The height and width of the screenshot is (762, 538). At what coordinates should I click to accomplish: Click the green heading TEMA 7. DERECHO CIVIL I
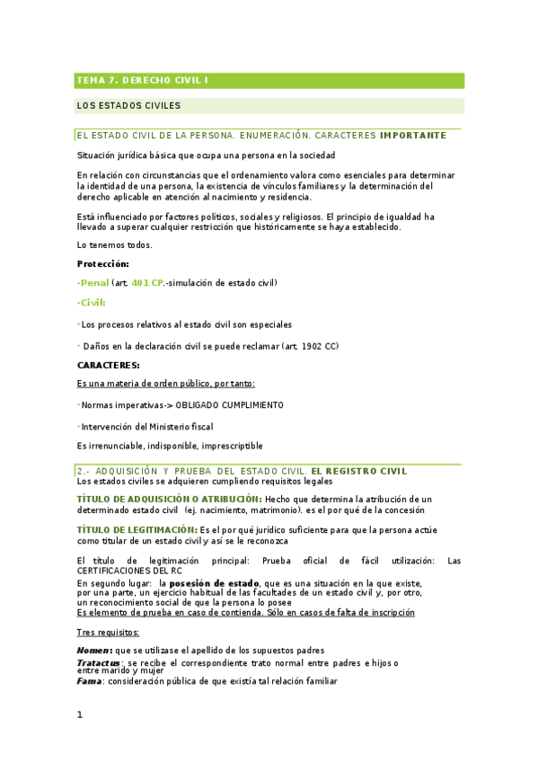(142, 81)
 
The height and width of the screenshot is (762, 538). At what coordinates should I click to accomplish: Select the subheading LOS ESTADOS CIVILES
(128, 105)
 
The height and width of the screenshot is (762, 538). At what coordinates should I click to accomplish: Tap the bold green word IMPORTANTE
(412, 136)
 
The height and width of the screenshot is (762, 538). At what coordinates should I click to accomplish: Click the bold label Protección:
(103, 264)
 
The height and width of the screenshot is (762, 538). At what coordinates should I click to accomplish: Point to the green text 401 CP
(146, 283)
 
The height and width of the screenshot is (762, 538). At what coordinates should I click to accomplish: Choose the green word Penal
(94, 283)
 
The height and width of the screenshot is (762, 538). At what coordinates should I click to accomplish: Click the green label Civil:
(93, 303)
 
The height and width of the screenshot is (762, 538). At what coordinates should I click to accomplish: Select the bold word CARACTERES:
(108, 366)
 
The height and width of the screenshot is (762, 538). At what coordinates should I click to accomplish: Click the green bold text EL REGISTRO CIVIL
(358, 471)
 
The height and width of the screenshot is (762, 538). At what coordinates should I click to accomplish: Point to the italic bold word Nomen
(93, 650)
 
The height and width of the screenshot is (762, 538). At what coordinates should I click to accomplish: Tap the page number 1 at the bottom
(80, 714)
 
